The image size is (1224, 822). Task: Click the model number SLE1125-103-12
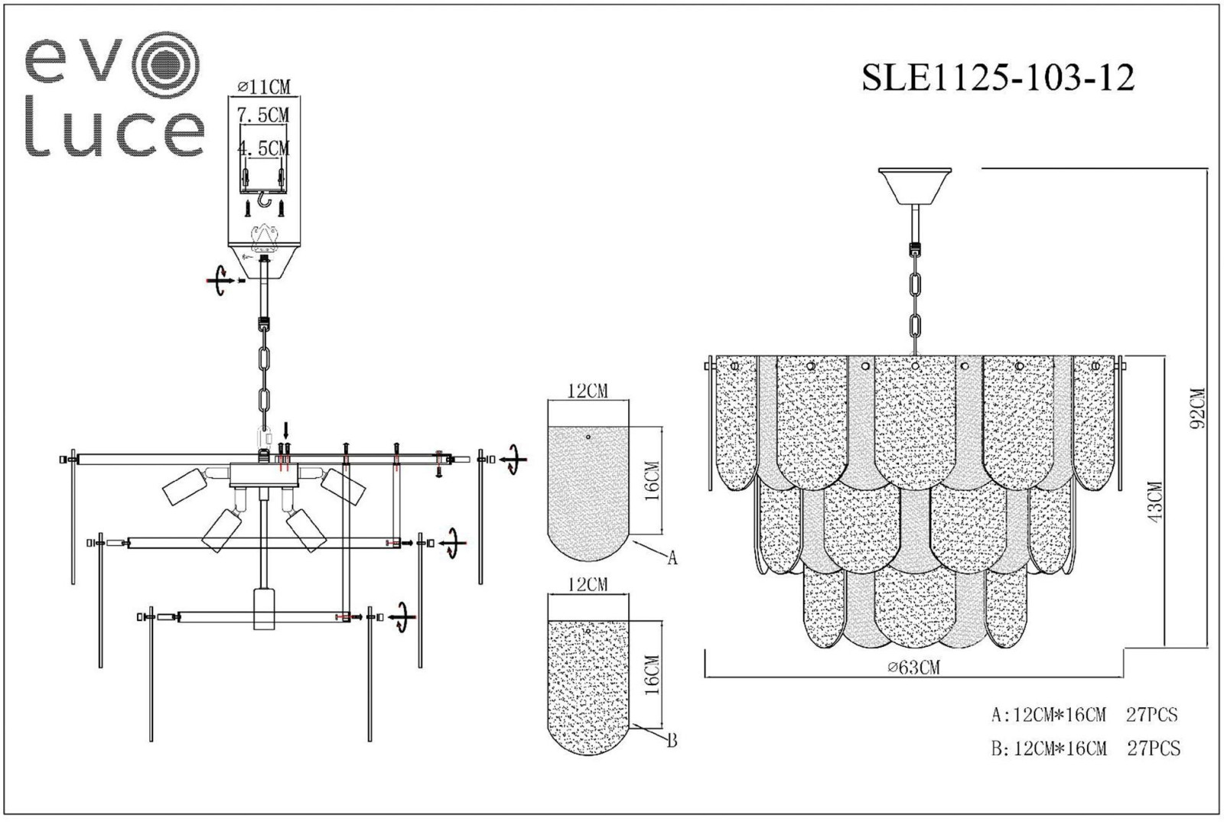tap(998, 77)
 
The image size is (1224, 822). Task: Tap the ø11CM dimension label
tap(265, 86)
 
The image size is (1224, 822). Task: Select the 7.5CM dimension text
tap(263, 115)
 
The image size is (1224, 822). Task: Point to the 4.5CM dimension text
tap(263, 148)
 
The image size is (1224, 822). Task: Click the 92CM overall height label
tap(1198, 408)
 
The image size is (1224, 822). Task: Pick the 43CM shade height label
tap(1156, 502)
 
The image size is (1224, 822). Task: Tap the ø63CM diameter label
tap(913, 667)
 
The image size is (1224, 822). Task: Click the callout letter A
tap(672, 557)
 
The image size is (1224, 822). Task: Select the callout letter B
tap(672, 741)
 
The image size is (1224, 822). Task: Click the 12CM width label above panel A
tap(588, 391)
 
